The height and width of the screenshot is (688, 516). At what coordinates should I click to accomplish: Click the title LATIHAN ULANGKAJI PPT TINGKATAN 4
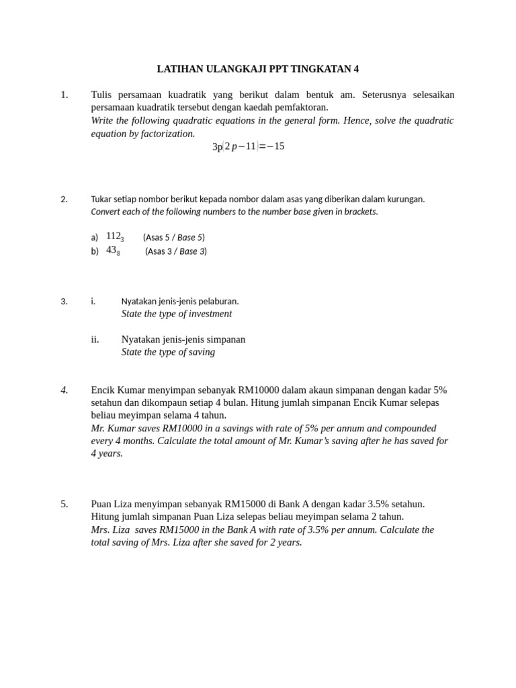tap(258, 69)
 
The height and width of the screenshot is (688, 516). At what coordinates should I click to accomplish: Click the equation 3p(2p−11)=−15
tap(249, 146)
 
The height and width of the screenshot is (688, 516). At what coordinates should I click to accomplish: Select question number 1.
tap(64, 95)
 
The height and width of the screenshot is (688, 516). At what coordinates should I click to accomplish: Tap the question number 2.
tap(64, 199)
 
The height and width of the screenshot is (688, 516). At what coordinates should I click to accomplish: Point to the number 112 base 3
tap(115, 236)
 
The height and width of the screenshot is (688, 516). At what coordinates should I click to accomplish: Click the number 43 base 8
tap(113, 251)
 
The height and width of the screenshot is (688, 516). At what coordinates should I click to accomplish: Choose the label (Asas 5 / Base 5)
tap(174, 237)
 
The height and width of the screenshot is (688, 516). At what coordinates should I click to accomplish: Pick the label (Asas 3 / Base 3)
tap(176, 251)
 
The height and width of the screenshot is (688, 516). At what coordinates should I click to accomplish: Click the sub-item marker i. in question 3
tap(93, 301)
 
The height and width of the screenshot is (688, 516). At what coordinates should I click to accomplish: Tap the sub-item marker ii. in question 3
tap(95, 339)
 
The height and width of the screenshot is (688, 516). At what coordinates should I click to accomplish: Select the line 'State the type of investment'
tap(177, 314)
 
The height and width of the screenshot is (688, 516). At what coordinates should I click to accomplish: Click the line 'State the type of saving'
tap(168, 352)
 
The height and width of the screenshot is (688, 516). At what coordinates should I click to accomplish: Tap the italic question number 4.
tap(64, 390)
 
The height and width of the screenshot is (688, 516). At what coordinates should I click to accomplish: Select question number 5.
tap(64, 504)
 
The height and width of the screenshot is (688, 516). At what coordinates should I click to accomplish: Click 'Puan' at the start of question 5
tap(102, 504)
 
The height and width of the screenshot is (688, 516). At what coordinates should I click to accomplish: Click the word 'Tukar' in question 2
tap(101, 199)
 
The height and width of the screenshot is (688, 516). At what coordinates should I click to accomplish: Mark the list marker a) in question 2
tap(95, 237)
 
